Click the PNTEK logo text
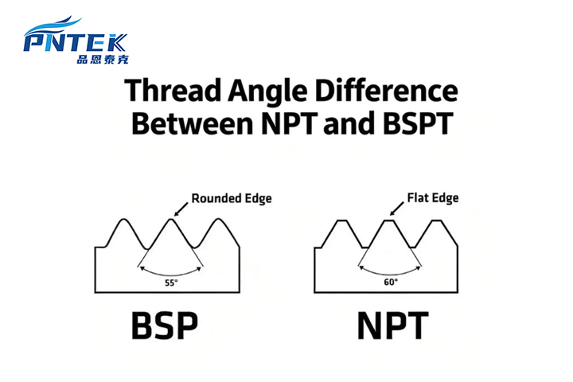[x=76, y=41]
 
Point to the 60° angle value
[x=391, y=281]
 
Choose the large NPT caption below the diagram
[x=392, y=326]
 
